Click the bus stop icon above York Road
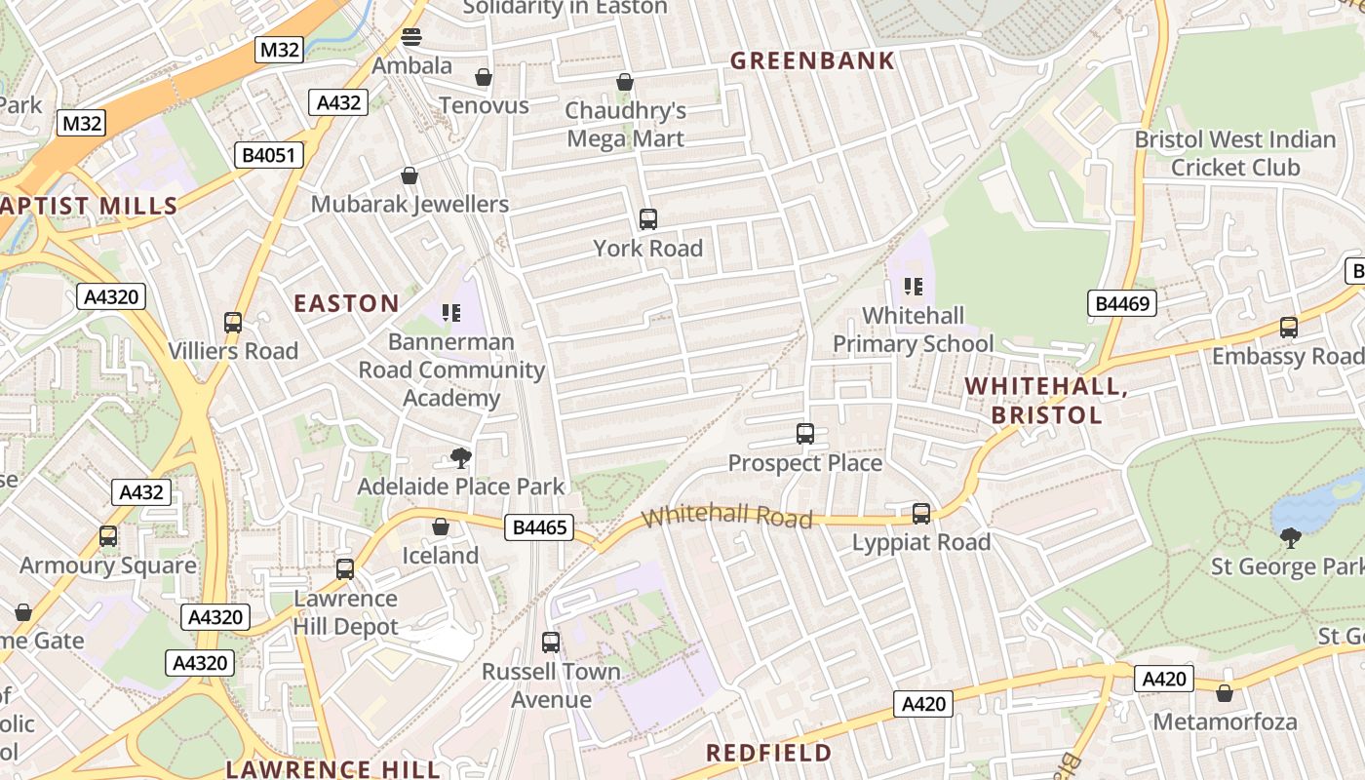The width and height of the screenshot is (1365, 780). (x=647, y=219)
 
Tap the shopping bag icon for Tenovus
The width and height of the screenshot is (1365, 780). (x=483, y=77)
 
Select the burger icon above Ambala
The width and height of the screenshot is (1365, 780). (x=411, y=38)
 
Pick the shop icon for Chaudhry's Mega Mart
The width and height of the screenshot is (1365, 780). (x=625, y=83)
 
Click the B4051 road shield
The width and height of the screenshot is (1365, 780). (x=269, y=155)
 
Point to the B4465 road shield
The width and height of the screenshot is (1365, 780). (x=537, y=528)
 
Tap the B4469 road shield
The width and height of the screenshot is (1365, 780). (x=1122, y=303)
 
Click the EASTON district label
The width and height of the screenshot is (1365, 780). (x=347, y=303)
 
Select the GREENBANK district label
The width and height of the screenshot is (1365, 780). (x=812, y=60)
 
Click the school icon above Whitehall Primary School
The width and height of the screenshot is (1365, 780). (x=914, y=287)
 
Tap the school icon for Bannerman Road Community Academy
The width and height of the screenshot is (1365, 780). (x=450, y=313)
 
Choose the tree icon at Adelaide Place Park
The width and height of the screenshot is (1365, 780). (x=460, y=457)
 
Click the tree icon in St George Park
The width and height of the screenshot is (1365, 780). (x=1291, y=536)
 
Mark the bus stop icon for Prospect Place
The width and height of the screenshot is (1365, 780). (x=805, y=434)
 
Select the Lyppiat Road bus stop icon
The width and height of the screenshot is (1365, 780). (x=921, y=513)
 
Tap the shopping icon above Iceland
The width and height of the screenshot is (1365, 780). (x=441, y=526)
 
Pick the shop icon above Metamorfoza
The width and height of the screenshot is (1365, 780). (x=1225, y=693)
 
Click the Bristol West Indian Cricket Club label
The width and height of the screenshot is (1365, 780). (x=1235, y=153)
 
